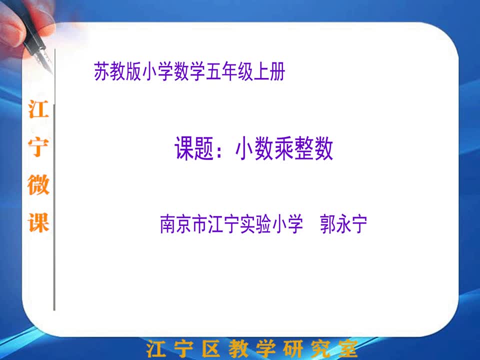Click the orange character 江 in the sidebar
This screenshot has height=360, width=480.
38,109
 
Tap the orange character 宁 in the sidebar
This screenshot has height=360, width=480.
38,147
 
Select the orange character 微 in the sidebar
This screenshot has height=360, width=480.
38,184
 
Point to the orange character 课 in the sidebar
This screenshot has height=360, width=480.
38,222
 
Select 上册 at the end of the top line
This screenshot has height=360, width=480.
269,71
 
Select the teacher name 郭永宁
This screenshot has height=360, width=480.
343,224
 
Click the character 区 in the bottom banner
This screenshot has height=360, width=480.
211,348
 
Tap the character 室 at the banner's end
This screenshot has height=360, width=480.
348,348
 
